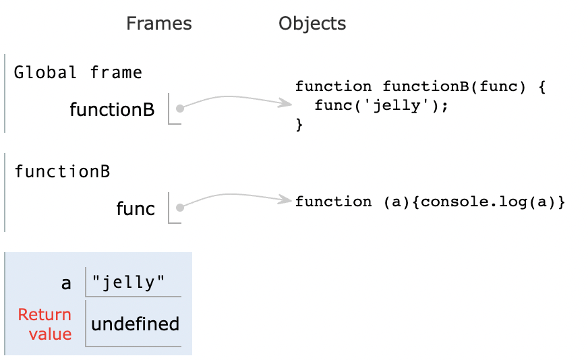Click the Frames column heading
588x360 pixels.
tap(158, 24)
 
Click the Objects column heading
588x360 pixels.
tap(312, 24)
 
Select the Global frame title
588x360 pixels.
tap(78, 72)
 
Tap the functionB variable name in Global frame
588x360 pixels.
tap(112, 109)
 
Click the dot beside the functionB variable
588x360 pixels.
tap(179, 109)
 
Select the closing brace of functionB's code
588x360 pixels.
tap(299, 125)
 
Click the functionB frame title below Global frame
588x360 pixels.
tap(62, 171)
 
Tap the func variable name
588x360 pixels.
tap(136, 208)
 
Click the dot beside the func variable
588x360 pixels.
tap(179, 208)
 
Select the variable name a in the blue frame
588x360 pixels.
tap(66, 282)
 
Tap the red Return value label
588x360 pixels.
tap(45, 324)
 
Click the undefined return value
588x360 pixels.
tap(135, 324)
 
